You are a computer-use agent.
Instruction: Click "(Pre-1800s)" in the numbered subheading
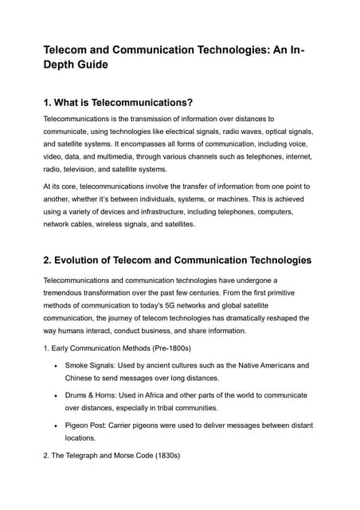point(182,348)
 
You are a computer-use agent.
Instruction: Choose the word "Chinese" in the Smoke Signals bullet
point(81,378)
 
